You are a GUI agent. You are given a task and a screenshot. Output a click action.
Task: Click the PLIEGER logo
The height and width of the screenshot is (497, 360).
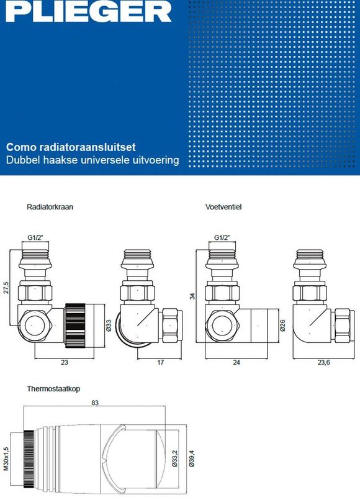click(x=89, y=11)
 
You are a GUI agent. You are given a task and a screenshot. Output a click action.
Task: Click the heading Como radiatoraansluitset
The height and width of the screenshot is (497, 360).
click(x=71, y=147)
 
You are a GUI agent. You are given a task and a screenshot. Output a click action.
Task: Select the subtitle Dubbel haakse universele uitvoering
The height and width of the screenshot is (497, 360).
click(x=92, y=160)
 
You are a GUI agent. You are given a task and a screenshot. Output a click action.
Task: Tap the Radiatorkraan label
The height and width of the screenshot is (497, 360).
click(x=50, y=207)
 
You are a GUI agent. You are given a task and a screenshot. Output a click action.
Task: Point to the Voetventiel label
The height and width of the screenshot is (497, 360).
click(x=223, y=207)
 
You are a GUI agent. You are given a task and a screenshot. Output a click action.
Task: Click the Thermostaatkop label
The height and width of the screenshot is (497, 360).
click(x=53, y=389)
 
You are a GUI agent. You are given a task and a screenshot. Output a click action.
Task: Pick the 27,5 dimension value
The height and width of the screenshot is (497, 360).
click(x=6, y=288)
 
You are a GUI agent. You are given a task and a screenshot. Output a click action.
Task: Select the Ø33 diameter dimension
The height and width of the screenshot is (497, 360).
click(x=109, y=326)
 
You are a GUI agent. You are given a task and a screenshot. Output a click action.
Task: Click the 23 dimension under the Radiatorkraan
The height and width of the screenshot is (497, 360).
click(x=65, y=362)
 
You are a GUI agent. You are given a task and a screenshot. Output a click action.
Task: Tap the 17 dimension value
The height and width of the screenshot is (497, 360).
click(x=161, y=362)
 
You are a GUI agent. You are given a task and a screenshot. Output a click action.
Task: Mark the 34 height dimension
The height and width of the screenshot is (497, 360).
click(x=192, y=296)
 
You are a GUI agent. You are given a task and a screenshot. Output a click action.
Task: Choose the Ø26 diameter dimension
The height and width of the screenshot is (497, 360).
click(x=282, y=326)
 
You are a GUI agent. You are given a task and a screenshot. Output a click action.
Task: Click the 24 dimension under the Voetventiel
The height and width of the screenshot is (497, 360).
click(x=236, y=362)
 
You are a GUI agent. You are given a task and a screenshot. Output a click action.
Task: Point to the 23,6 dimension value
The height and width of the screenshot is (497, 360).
click(x=323, y=362)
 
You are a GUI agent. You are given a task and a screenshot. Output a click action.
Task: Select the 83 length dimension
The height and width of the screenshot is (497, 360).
click(x=95, y=403)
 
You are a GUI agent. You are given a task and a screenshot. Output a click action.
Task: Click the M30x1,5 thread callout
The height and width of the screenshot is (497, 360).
click(x=6, y=459)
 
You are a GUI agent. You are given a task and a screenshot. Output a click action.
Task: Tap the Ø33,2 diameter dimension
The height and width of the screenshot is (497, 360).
click(x=175, y=458)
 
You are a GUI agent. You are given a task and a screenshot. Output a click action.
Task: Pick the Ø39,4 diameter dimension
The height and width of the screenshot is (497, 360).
click(x=192, y=458)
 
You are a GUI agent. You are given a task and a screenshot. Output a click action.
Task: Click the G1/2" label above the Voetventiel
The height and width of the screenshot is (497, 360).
click(x=222, y=237)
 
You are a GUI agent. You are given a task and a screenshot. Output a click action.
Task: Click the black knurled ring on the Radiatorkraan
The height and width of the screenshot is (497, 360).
click(x=75, y=326)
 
